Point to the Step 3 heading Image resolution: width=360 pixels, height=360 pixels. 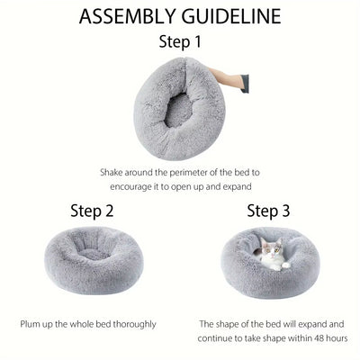click(270, 211)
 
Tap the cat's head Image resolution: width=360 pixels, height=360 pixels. click(271, 253)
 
